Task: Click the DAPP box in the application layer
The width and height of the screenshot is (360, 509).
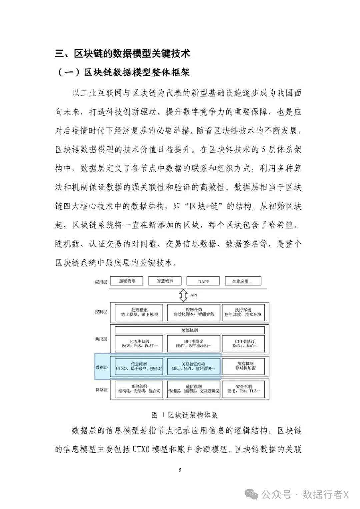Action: (203, 281)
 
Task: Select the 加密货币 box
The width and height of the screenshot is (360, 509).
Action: (127, 281)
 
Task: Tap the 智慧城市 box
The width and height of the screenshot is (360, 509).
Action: (165, 281)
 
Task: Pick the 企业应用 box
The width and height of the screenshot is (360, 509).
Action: (242, 281)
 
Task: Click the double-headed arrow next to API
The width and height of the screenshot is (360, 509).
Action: (183, 295)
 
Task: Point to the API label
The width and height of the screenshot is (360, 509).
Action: (194, 295)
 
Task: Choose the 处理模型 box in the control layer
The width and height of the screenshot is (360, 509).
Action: (139, 312)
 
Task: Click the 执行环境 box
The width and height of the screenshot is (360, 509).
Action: (243, 312)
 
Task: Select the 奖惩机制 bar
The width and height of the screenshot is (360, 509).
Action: (189, 330)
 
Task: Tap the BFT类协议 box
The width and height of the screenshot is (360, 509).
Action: (194, 344)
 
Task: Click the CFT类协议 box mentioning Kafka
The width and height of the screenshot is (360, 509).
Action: (245, 344)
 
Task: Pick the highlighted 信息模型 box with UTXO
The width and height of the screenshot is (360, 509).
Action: (139, 366)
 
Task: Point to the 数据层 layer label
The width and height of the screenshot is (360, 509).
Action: (101, 367)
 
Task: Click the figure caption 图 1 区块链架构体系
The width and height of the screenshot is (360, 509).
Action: (184, 415)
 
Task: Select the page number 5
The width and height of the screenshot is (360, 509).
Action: (180, 470)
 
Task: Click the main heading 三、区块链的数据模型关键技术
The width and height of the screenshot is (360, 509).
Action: (122, 53)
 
